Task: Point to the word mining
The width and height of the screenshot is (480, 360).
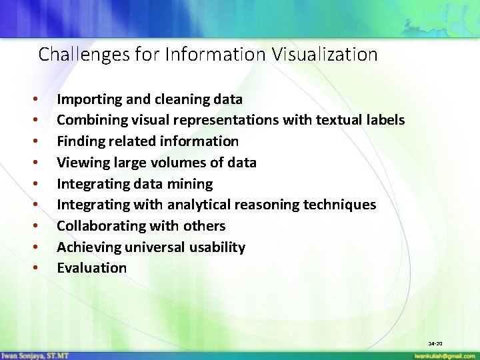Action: (191, 184)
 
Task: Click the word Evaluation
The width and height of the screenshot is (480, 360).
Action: (91, 268)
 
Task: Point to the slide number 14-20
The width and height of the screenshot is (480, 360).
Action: (435, 343)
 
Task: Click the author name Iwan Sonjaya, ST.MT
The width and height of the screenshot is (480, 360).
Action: (35, 355)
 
